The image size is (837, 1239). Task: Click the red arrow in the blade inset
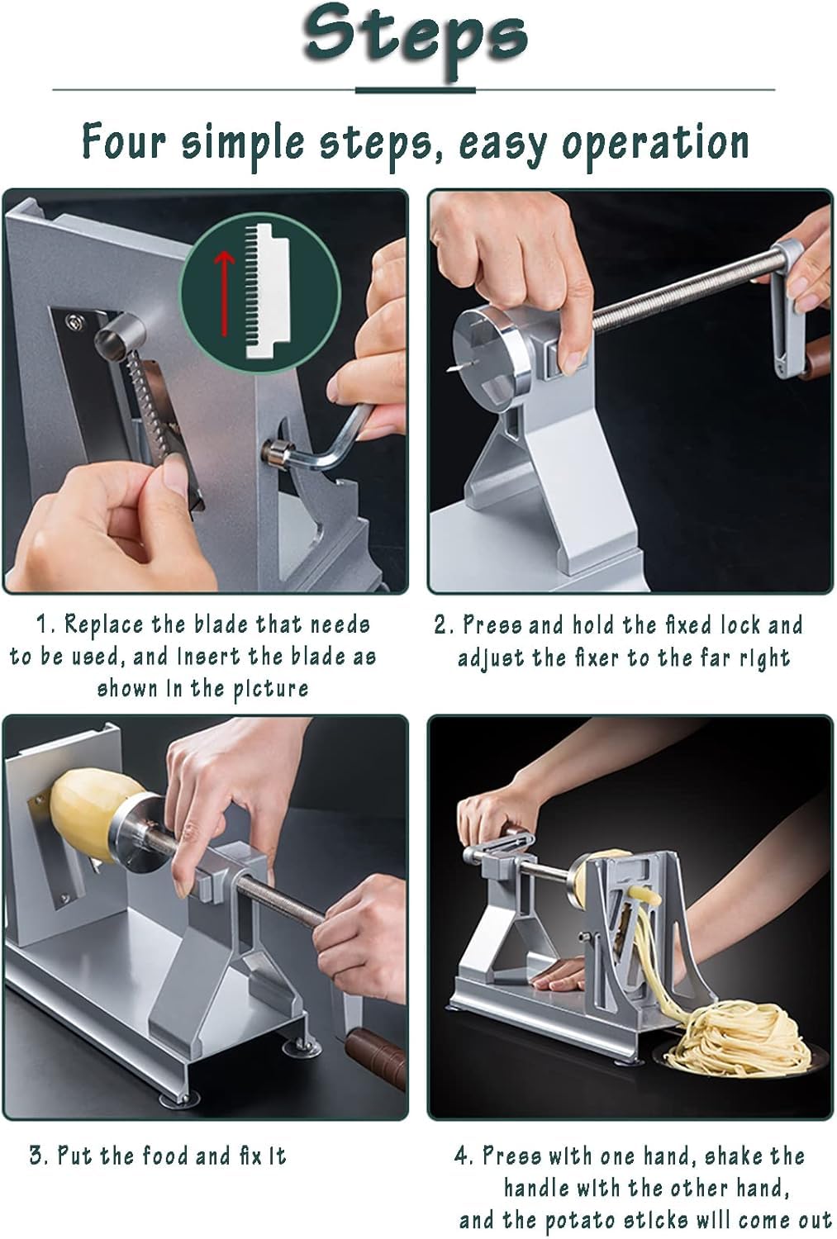click(x=224, y=292)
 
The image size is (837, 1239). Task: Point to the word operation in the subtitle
click(x=655, y=145)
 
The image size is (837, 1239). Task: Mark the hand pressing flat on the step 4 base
click(x=556, y=978)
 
